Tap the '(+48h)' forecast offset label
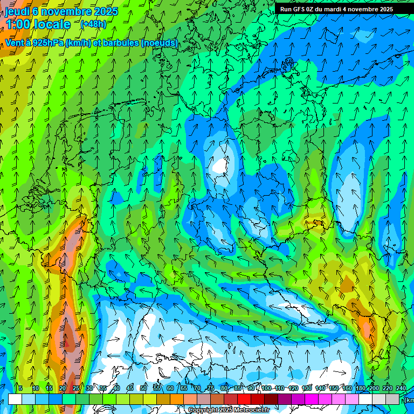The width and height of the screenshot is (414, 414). coord(93,24)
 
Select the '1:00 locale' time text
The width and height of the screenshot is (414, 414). coord(38,24)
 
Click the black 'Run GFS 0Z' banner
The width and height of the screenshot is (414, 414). coord(336,9)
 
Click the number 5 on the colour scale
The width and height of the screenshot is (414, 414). coord(20,388)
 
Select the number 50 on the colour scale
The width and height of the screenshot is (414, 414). coord(143,388)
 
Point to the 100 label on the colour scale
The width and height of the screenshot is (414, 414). coord(266,388)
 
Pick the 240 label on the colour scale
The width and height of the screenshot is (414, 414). coord(401,388)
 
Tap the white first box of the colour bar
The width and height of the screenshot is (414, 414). coord(15,399)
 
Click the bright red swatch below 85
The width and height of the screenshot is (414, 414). coord(244,399)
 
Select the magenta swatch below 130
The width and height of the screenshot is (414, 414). coord(312,399)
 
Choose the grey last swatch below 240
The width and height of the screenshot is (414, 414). coord(392,399)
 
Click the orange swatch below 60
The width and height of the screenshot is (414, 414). coord(177,399)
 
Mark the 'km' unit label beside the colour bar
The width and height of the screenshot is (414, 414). coord(410,400)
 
